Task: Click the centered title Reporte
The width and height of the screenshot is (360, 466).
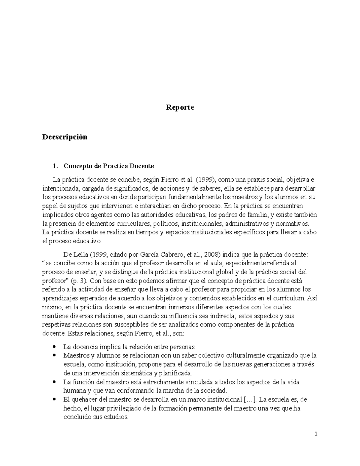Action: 180,107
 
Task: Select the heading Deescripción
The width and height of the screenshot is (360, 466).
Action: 65,137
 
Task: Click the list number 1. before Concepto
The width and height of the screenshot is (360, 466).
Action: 55,166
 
